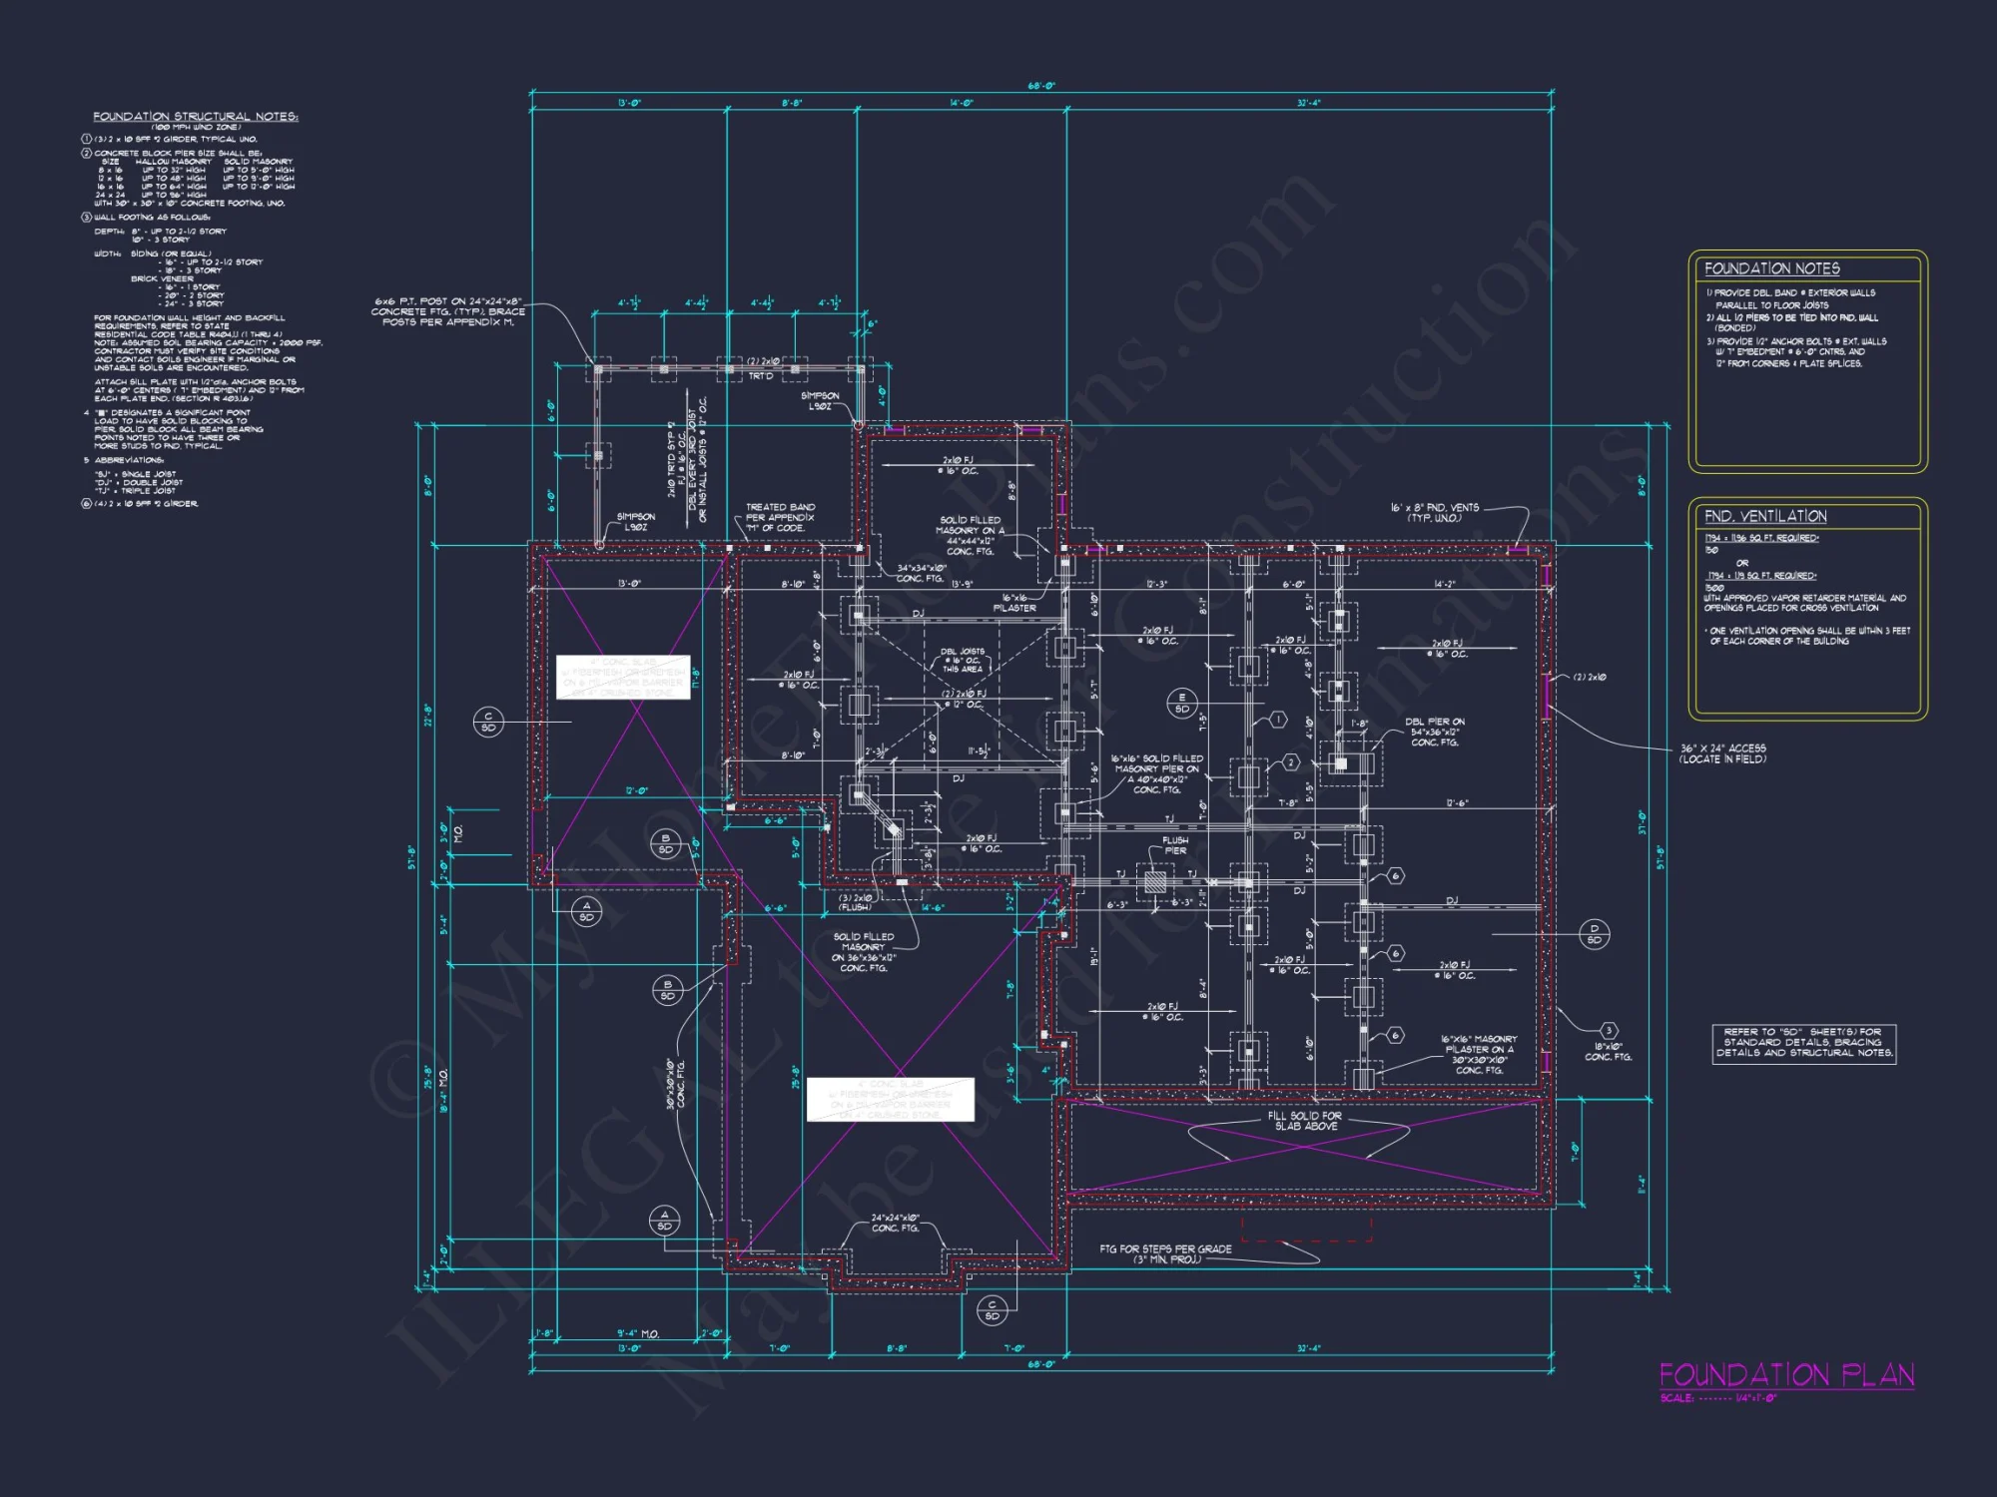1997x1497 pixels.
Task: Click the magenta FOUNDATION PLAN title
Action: point(1786,1375)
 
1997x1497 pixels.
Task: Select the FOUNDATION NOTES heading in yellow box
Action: point(1771,268)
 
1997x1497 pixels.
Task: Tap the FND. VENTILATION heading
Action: point(1765,516)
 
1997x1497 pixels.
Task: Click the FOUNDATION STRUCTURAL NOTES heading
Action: point(196,117)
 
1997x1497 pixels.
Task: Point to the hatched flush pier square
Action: point(1155,881)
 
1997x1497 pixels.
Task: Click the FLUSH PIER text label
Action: point(1175,845)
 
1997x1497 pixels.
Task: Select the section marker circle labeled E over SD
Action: point(1182,703)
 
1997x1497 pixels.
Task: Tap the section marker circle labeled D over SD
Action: point(1595,934)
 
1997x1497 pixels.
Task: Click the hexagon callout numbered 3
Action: point(1609,1030)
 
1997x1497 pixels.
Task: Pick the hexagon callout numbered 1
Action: point(1277,720)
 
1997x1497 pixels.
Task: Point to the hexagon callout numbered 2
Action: point(1290,762)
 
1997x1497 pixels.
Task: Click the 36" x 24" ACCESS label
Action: point(1722,753)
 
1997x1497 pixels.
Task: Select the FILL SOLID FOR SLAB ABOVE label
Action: point(1305,1121)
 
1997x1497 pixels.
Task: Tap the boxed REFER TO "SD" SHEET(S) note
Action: point(1803,1042)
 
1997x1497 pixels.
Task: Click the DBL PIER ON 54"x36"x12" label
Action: point(1435,732)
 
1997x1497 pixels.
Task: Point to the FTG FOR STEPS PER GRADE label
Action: point(1165,1253)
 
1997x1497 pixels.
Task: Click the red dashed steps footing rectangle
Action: point(1306,1229)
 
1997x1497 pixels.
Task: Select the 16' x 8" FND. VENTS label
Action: point(1435,512)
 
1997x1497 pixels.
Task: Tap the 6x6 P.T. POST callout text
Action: point(449,311)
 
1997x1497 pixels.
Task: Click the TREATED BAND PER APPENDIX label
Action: point(780,517)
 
